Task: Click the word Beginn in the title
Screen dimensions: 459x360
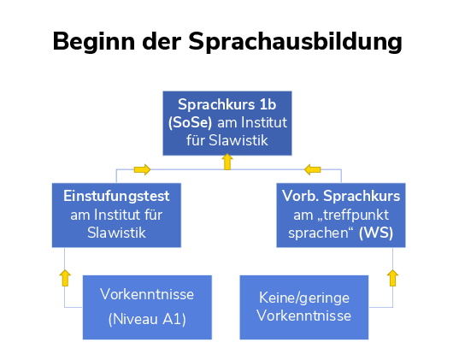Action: coord(94,43)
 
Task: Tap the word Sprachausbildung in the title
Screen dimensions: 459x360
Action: coord(295,43)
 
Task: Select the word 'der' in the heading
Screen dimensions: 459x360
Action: coord(162,41)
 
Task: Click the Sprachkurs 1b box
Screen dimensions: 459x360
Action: coord(227,123)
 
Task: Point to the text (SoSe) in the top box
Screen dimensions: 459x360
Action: coord(190,122)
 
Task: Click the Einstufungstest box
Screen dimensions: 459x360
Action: coord(116,215)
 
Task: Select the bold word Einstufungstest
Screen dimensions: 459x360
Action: coord(116,196)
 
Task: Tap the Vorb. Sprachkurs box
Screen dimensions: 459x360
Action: coord(341,215)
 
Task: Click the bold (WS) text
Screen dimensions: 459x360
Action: coord(376,233)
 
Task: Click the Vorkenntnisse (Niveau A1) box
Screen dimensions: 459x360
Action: coord(147,307)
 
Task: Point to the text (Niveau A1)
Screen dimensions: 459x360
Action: coord(147,319)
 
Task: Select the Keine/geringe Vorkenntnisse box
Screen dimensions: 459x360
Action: coord(304,307)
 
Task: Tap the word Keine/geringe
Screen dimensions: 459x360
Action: coord(304,298)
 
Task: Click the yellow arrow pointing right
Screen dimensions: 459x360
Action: coord(142,169)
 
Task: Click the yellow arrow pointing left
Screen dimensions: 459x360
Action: coord(312,169)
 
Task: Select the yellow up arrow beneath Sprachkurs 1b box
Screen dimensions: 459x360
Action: coord(227,162)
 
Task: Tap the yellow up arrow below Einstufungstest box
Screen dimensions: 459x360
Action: coord(65,278)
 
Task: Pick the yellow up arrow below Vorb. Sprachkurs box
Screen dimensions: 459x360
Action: coord(393,278)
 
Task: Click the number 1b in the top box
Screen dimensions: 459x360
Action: coord(268,104)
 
